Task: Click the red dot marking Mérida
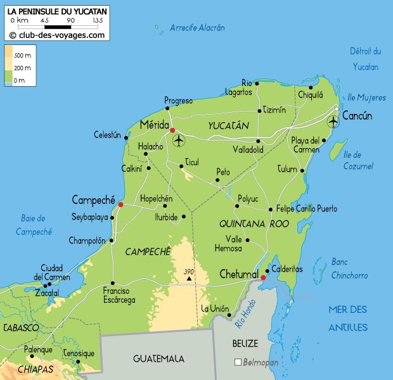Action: point(172,130)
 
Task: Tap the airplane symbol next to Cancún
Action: point(333,121)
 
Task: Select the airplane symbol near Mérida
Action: point(178,139)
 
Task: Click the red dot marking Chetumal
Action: point(263,277)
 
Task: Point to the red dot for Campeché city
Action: point(120,205)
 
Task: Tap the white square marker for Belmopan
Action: point(238,362)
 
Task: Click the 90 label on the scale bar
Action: point(70,21)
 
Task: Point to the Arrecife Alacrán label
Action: point(197,28)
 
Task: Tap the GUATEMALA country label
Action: point(158,358)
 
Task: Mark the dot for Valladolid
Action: point(258,141)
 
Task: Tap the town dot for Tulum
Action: point(302,170)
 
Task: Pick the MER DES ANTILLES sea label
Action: point(347,318)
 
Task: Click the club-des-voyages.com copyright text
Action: point(57,35)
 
